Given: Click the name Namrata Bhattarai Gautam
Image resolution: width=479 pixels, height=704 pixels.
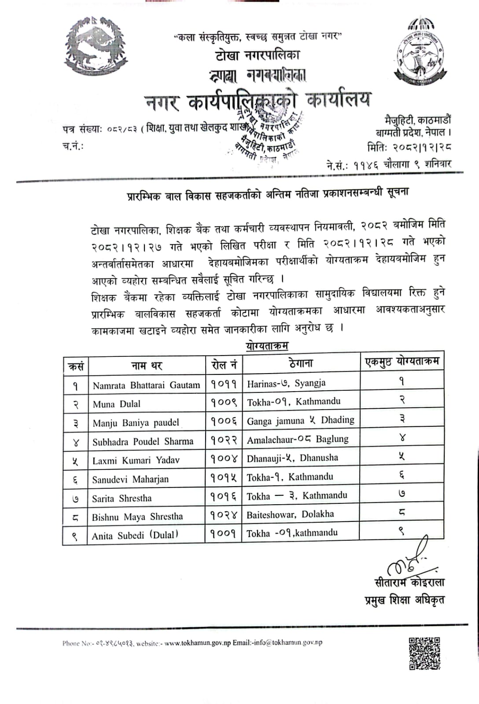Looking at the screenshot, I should tap(146, 385).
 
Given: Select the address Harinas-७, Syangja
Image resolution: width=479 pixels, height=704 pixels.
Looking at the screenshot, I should tap(286, 383).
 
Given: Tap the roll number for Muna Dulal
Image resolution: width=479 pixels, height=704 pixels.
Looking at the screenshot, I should tap(224, 403).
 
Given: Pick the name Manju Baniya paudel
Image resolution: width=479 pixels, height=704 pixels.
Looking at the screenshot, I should tap(136, 423).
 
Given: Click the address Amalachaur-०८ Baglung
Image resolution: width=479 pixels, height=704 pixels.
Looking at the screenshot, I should tap(298, 439).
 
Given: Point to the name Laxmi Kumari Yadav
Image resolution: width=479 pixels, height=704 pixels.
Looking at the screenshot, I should tap(136, 460).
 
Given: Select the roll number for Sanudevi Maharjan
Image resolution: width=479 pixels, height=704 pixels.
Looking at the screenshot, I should tap(223, 478).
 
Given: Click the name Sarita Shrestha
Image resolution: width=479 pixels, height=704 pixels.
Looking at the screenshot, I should tap(122, 499).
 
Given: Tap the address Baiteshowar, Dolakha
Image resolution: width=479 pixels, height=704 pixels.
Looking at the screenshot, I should tap(290, 514).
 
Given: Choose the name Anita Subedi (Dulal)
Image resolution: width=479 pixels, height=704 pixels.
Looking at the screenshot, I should tap(135, 535).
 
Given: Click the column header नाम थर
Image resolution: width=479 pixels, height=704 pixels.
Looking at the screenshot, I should tap(147, 366).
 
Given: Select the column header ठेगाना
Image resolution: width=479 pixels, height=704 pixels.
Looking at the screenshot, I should tap(301, 363).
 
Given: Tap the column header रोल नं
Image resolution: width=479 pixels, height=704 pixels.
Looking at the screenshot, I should tap(224, 365).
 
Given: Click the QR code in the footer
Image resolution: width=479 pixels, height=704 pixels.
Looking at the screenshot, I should tap(424, 653).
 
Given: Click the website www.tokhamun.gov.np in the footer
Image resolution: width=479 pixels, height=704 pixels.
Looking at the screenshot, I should tap(197, 642).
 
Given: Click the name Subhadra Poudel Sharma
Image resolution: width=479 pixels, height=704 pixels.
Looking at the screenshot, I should tap(143, 442).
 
